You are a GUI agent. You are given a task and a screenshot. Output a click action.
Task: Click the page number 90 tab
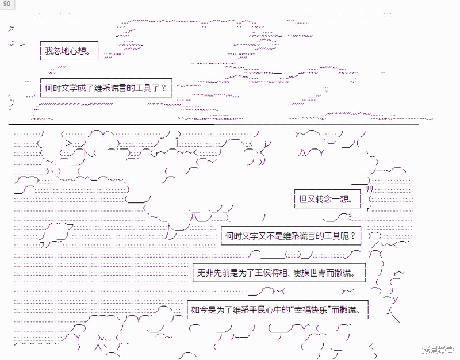(x=7, y=4)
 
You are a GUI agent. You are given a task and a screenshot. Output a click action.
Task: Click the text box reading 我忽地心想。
(x=69, y=51)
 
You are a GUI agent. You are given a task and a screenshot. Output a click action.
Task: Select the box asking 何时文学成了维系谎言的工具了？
(x=106, y=88)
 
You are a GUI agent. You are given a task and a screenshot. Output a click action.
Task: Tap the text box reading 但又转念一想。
(x=327, y=199)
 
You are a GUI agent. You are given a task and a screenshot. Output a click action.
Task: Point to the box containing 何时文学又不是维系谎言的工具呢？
(x=291, y=236)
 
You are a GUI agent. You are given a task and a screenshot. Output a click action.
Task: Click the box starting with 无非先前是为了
(x=279, y=273)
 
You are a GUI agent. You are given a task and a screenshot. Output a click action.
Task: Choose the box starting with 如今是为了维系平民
(x=278, y=310)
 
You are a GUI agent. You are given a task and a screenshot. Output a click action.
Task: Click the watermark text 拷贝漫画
(x=438, y=350)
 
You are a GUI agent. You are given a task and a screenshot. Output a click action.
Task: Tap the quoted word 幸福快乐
(x=310, y=310)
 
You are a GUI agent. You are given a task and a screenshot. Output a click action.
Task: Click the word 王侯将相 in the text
(x=271, y=273)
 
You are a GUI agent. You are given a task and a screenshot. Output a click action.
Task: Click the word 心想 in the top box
(x=78, y=51)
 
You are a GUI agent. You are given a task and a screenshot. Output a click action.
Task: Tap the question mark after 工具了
(x=164, y=88)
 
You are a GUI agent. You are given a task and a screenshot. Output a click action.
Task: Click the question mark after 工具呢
(x=352, y=236)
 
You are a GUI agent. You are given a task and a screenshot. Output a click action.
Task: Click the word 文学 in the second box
(x=69, y=88)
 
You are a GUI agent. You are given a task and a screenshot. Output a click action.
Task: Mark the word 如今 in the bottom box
(x=200, y=310)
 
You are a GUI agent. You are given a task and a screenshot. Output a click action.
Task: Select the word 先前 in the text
(x=221, y=273)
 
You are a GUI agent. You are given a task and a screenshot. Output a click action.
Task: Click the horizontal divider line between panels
(x=214, y=124)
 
